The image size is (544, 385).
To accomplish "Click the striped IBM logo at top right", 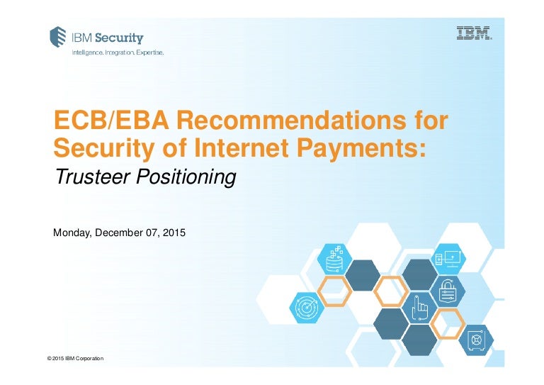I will (475, 33).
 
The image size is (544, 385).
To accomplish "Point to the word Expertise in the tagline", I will (146, 52).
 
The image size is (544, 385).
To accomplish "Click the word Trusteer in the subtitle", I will (89, 177).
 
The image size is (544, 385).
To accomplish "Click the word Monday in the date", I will (72, 231).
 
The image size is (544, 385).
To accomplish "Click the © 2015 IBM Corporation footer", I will (75, 359).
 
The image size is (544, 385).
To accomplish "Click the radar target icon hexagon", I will (306, 308).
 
